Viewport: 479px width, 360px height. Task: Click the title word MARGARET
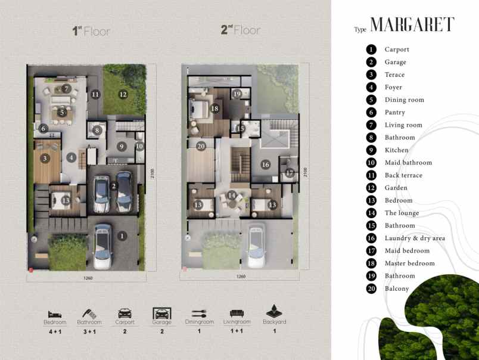(412, 24)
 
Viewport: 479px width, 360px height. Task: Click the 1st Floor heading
(91, 31)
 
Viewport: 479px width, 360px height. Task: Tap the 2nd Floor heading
(241, 30)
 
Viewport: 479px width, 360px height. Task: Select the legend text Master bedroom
(409, 263)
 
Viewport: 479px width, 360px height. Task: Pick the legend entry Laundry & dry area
(415, 238)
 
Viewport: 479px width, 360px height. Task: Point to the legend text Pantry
(394, 113)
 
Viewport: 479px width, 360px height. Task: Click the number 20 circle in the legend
(371, 288)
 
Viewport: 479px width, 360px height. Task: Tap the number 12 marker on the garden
(123, 94)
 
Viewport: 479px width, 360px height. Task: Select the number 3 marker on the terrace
(44, 158)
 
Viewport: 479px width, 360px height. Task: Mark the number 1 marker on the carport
(122, 235)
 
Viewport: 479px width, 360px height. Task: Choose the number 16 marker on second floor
(266, 165)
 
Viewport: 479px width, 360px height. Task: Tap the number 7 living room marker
(67, 88)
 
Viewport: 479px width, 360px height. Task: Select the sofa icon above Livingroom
(237, 313)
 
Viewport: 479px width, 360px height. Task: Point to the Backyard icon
(275, 312)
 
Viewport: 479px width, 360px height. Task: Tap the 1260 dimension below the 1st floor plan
(88, 278)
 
